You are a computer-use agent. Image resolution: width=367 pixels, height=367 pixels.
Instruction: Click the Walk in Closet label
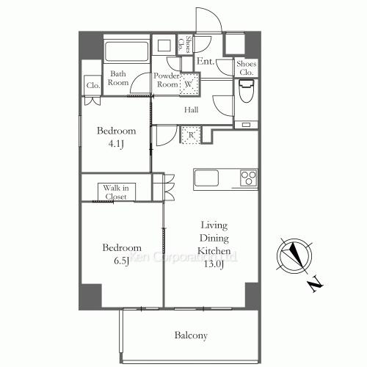(x=115, y=192)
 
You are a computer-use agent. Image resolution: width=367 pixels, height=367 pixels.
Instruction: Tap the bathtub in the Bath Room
(x=127, y=52)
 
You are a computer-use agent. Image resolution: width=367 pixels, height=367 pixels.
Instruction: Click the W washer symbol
(x=189, y=84)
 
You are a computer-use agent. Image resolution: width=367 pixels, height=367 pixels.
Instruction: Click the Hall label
(x=191, y=109)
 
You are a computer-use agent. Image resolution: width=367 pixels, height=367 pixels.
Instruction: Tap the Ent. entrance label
(x=206, y=62)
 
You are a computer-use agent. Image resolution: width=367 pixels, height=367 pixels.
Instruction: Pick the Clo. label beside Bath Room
(x=93, y=85)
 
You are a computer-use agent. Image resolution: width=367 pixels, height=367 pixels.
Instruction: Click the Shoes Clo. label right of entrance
(x=246, y=68)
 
